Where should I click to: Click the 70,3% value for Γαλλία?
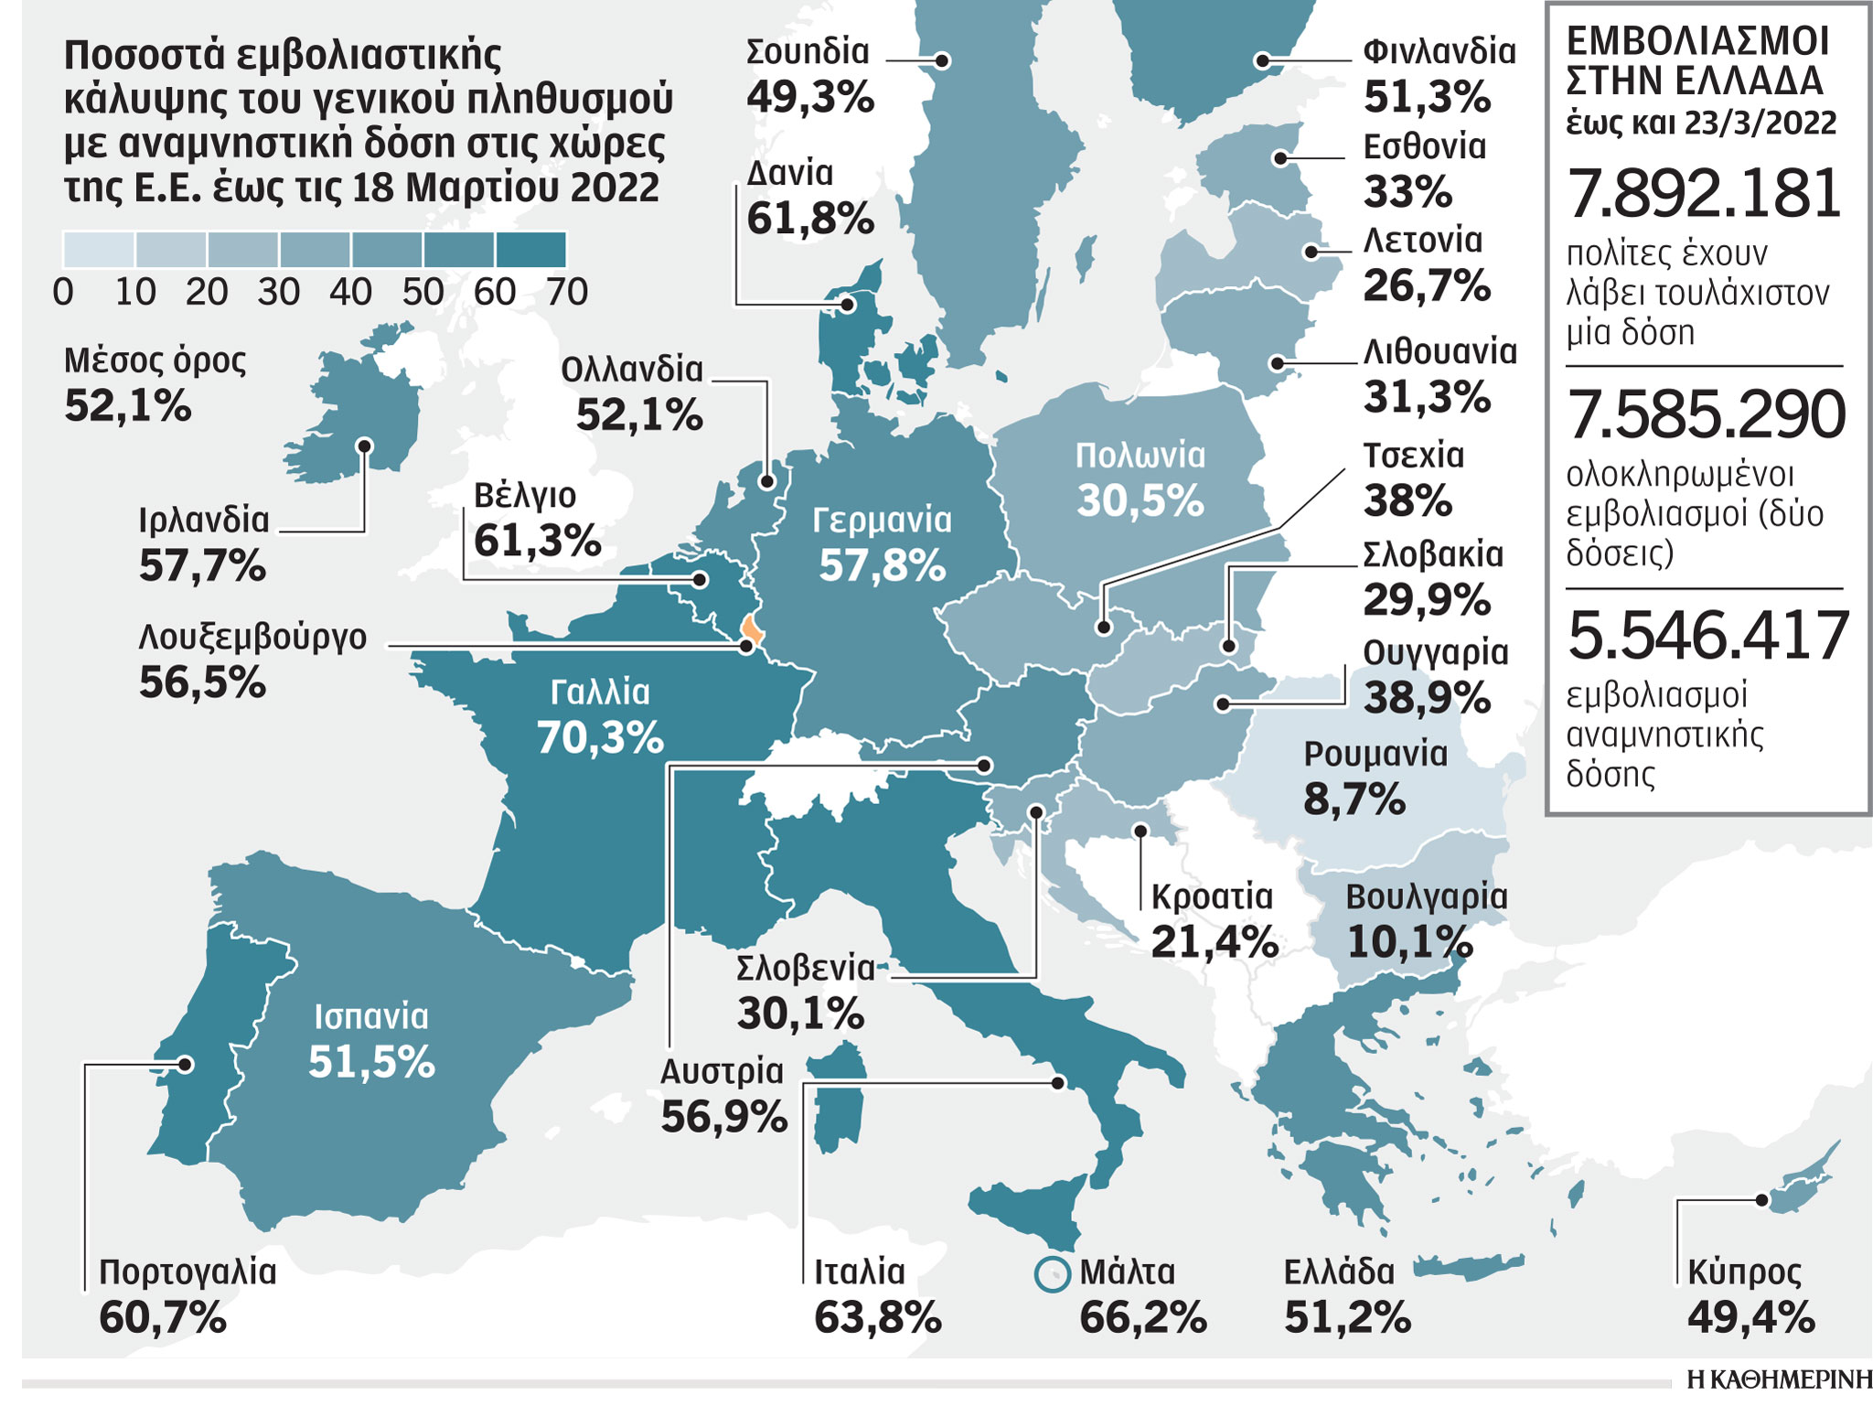tap(600, 737)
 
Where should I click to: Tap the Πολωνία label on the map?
tap(1140, 456)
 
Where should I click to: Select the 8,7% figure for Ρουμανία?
tap(1354, 800)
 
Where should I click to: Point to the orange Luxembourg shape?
tap(753, 629)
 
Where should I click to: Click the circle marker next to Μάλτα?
tap(1052, 1274)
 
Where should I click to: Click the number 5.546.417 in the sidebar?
tap(1707, 636)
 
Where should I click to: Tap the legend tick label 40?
tap(350, 293)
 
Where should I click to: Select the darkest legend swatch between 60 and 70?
tap(530, 250)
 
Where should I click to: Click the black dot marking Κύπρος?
tap(1761, 1200)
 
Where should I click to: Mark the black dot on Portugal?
tap(186, 1065)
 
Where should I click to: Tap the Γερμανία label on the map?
tap(882, 521)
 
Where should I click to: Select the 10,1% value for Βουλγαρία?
tap(1409, 942)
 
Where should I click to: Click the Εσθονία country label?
tap(1424, 146)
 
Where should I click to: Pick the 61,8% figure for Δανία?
tap(810, 220)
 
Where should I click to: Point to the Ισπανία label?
tap(370, 1017)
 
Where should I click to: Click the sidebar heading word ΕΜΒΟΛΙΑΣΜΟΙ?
tap(1697, 42)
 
